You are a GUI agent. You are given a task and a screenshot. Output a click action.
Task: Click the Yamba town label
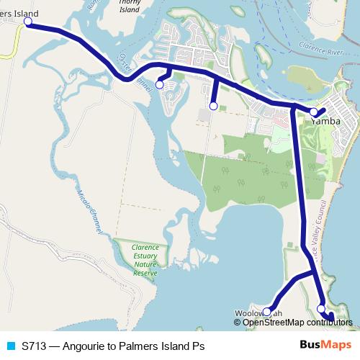[x=326, y=122]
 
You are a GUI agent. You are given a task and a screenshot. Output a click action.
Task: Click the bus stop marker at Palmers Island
[x=28, y=22]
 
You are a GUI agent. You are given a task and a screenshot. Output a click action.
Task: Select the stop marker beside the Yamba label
[x=313, y=112]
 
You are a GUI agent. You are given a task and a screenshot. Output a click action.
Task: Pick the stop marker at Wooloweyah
[x=266, y=312]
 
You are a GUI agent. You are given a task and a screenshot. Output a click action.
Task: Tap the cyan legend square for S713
[x=10, y=346]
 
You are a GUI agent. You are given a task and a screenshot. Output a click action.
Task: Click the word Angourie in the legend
[x=83, y=346]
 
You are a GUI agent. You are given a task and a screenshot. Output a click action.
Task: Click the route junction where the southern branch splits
[x=304, y=274]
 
